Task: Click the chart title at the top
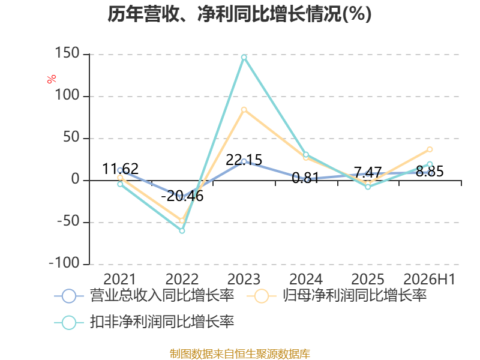tap(239, 14)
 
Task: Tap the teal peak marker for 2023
tap(244, 57)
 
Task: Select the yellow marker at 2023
tap(244, 110)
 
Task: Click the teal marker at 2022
tap(182, 230)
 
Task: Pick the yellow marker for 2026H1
tap(430, 149)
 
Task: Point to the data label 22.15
tap(244, 160)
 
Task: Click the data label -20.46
tap(182, 196)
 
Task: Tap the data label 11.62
tap(121, 169)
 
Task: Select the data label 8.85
tap(430, 172)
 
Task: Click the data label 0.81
tap(306, 178)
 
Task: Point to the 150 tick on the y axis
tap(67, 53)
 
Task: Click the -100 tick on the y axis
tap(64, 263)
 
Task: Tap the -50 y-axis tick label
tap(68, 221)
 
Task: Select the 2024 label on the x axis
tap(306, 279)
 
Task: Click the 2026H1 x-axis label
tap(430, 279)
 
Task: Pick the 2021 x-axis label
tap(119, 279)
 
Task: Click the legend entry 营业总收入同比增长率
tap(144, 296)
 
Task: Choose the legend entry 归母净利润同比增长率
tap(337, 296)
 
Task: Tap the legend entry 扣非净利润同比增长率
tap(144, 322)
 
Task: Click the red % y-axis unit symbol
tap(52, 79)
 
